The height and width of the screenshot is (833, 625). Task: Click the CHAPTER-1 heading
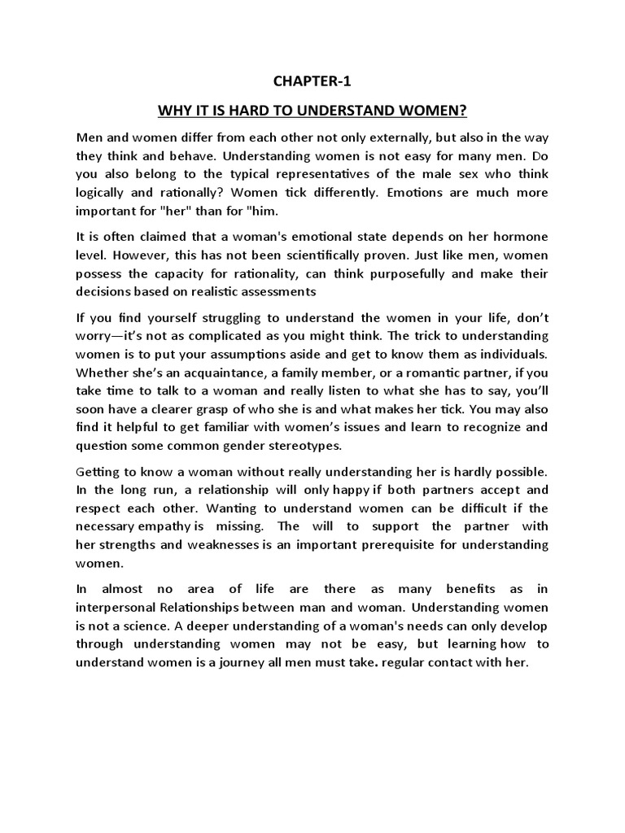tap(312, 81)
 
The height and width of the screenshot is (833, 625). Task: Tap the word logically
tap(103, 193)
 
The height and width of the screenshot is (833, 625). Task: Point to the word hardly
tap(470, 472)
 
